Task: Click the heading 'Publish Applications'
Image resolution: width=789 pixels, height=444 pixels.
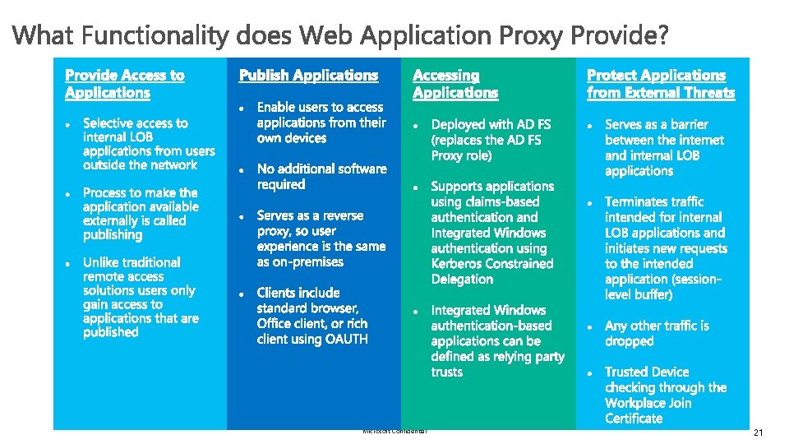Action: pyautogui.click(x=308, y=76)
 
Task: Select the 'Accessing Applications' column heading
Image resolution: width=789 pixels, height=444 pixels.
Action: pyautogui.click(x=455, y=84)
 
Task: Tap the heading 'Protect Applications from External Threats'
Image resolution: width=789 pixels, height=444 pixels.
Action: pyautogui.click(x=661, y=84)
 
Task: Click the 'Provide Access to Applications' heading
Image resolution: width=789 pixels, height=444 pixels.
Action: pyautogui.click(x=125, y=84)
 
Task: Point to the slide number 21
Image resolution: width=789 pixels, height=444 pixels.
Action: pyautogui.click(x=758, y=433)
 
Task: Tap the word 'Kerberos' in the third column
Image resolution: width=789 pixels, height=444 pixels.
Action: pyautogui.click(x=459, y=264)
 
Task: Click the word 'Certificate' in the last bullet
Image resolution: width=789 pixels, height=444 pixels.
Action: pyautogui.click(x=634, y=419)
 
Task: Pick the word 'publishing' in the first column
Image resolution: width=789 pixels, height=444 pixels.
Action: pyautogui.click(x=113, y=235)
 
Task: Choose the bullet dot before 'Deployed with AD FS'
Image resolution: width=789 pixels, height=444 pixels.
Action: pyautogui.click(x=416, y=126)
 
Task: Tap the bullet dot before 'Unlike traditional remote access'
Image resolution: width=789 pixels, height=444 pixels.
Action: pyautogui.click(x=68, y=264)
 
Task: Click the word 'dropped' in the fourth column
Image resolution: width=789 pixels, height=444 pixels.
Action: pyautogui.click(x=629, y=341)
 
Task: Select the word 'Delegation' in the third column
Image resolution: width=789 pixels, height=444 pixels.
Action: pyautogui.click(x=462, y=280)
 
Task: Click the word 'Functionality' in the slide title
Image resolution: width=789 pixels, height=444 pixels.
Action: pyautogui.click(x=155, y=35)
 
